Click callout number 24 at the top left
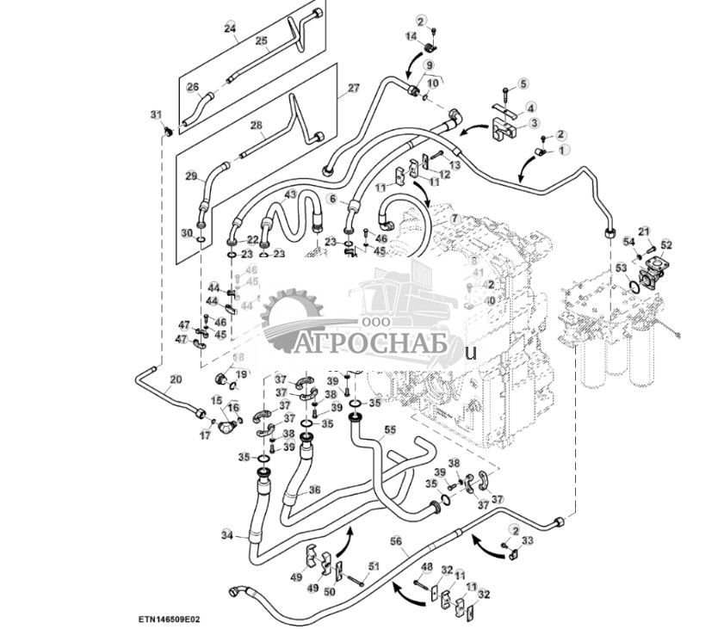pos(229,28)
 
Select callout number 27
pos(353,88)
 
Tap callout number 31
pos(156,114)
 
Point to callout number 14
pos(411,35)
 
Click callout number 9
pos(428,65)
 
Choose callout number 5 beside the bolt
pos(523,83)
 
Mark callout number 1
pos(565,150)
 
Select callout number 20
pos(176,379)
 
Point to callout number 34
pos(227,534)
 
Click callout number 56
pos(396,541)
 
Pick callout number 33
pos(528,540)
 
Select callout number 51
pos(373,565)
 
